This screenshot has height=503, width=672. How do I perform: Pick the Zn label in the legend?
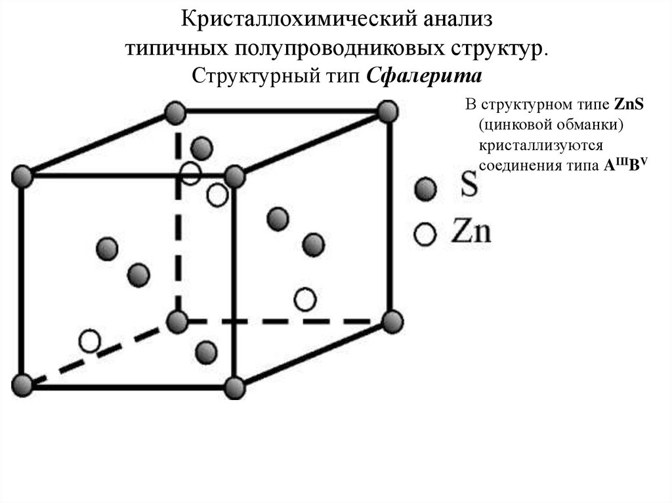pos(471,233)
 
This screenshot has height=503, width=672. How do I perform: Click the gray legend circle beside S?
pos(425,190)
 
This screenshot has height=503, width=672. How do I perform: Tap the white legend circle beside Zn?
pos(425,233)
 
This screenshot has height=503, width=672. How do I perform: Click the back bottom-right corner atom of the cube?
pos(392,321)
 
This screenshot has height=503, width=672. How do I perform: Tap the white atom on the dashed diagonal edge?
pos(89,341)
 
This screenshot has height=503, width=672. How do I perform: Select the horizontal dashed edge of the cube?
pos(289,321)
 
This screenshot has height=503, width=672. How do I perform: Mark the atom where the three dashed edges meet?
pos(177,321)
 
